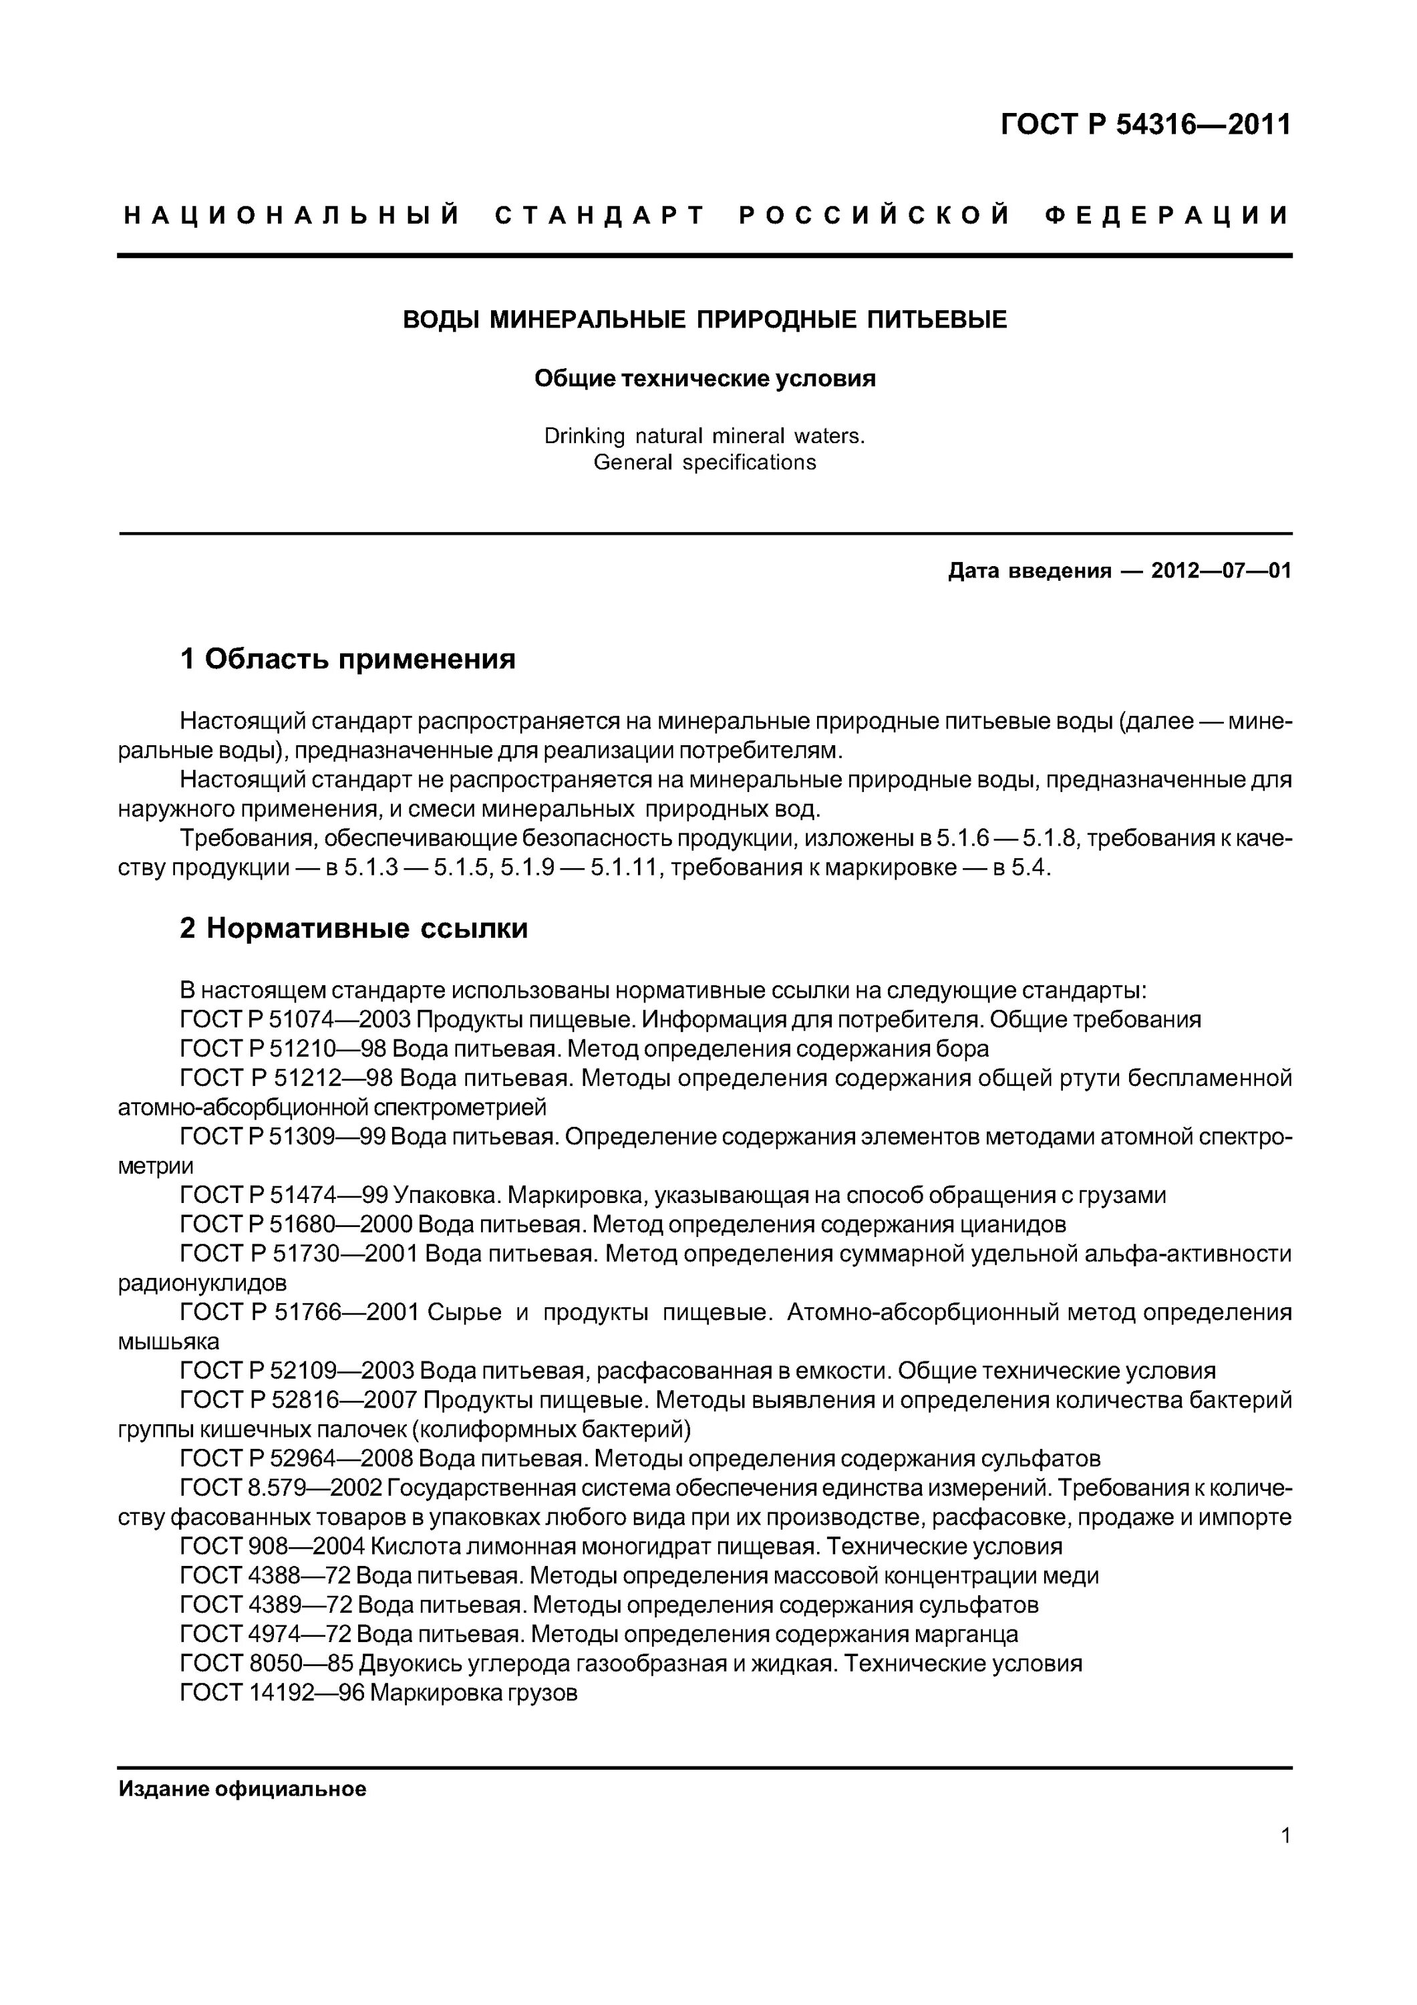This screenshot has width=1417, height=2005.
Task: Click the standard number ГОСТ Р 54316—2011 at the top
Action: (1144, 126)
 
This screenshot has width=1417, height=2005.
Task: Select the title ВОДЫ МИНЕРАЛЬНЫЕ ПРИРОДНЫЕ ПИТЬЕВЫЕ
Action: (705, 319)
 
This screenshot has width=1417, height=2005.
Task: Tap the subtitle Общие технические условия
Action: (705, 379)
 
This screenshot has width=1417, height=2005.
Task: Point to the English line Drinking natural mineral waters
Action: (705, 436)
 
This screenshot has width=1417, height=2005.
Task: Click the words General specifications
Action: (705, 463)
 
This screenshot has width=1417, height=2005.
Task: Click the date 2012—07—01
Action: (1221, 571)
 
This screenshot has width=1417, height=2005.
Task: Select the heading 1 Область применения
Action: (347, 658)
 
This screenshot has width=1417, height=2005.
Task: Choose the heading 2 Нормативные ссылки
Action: (353, 928)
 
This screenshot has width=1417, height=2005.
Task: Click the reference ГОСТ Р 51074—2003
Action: (295, 1019)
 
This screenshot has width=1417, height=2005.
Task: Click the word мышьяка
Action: (168, 1341)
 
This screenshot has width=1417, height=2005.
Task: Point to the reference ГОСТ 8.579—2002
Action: (281, 1487)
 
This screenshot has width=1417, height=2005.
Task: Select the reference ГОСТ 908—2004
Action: (273, 1547)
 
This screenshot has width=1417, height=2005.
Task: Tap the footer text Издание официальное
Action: (242, 1789)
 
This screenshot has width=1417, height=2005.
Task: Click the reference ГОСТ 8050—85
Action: (267, 1663)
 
